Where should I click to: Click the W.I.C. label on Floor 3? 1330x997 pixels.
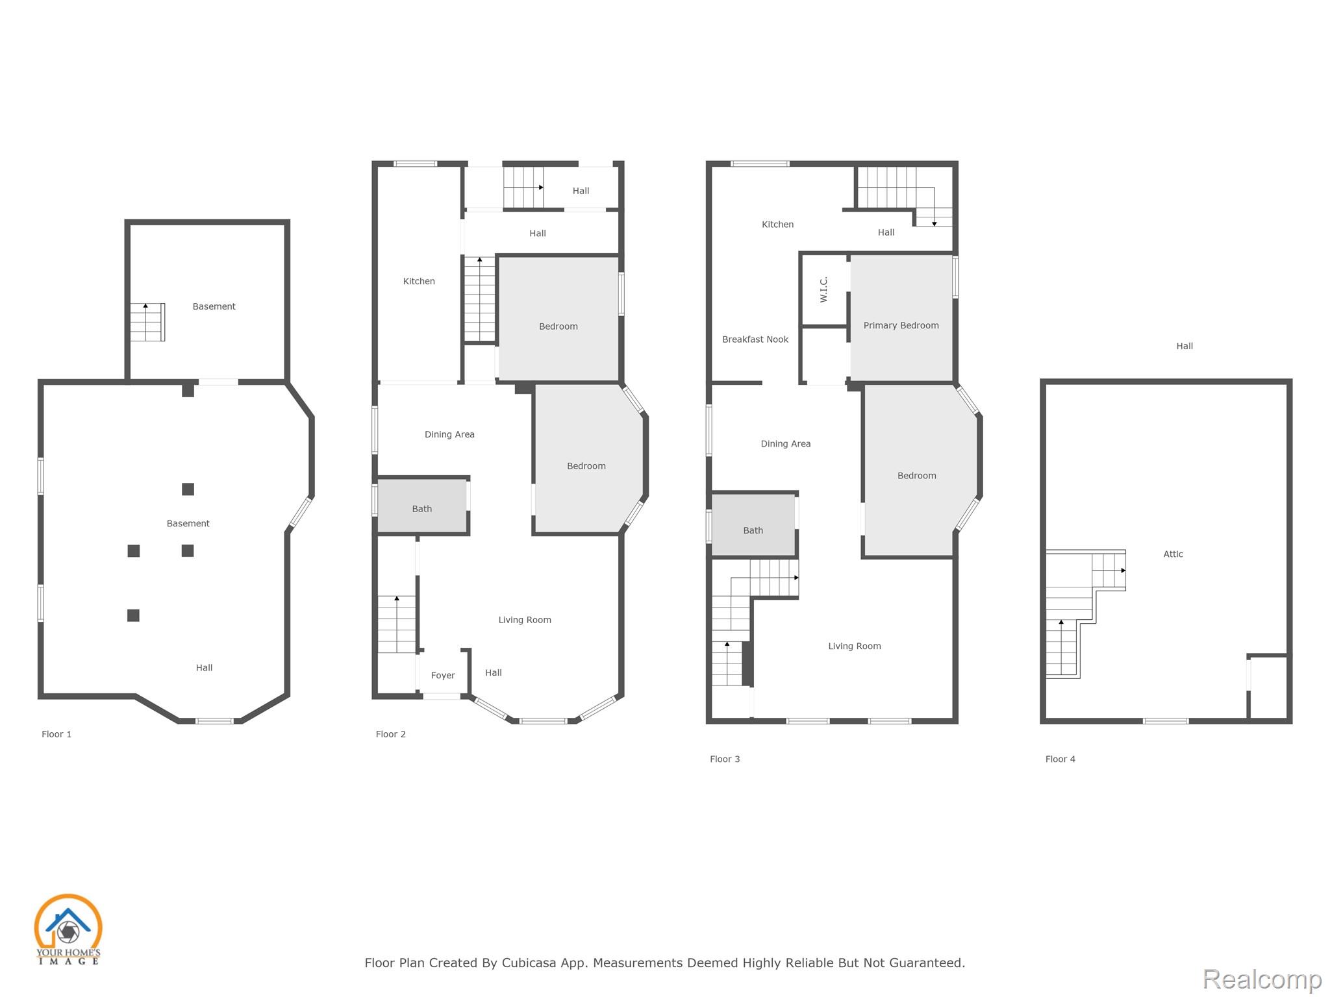823,289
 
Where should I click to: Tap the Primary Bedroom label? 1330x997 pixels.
901,325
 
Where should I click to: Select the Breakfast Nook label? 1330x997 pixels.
755,339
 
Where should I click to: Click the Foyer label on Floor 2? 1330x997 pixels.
443,676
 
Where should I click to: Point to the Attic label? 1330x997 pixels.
1173,554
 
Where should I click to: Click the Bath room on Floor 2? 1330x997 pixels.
422,506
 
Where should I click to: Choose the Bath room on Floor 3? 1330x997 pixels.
753,525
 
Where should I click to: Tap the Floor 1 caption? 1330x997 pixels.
56,734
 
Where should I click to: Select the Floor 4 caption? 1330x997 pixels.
1060,759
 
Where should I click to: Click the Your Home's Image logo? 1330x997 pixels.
68,929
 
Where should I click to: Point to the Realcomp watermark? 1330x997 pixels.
1262,979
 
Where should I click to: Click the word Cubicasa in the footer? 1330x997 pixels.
529,963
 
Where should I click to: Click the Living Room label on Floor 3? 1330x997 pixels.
855,646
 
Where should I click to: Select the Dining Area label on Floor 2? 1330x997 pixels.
449,434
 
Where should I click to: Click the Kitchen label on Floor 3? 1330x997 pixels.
777,225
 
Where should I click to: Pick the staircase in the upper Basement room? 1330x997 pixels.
147,322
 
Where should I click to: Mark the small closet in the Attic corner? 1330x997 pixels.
1268,687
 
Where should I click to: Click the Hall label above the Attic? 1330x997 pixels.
1185,346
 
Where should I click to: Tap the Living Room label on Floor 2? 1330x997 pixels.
525,620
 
